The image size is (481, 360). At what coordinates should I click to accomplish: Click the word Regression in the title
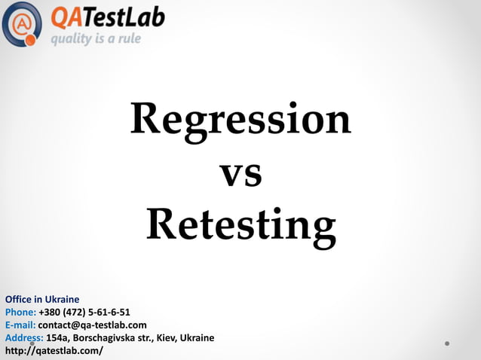click(240, 120)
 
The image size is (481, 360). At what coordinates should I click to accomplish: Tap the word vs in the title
click(240, 174)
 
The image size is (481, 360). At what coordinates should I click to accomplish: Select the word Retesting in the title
click(240, 225)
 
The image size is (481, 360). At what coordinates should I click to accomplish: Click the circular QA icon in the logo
click(22, 24)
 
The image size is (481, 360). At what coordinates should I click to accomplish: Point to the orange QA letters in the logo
click(65, 17)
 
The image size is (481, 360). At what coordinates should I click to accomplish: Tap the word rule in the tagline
click(127, 39)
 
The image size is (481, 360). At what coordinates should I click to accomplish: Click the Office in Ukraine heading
click(42, 299)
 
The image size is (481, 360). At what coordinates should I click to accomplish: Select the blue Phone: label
click(20, 312)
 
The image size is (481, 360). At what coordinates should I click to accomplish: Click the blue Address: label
click(24, 337)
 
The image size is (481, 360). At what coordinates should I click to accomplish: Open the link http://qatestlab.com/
click(54, 351)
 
